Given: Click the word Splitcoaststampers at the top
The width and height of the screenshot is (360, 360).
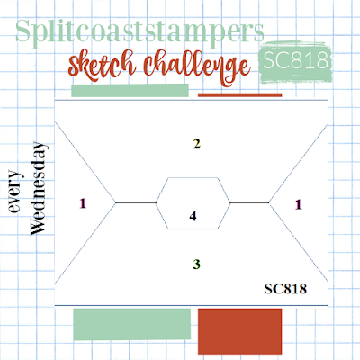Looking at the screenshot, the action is pyautogui.click(x=139, y=32).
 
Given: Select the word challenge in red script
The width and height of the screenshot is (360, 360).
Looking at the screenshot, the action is pyautogui.click(x=196, y=67).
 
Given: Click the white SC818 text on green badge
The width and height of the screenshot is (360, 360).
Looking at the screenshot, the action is pyautogui.click(x=295, y=59).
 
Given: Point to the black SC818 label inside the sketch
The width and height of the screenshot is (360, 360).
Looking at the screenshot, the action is pyautogui.click(x=285, y=289).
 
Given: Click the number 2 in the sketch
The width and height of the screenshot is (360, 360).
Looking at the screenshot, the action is pyautogui.click(x=196, y=144).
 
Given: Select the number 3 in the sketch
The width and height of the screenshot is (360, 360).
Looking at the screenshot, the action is pyautogui.click(x=196, y=265).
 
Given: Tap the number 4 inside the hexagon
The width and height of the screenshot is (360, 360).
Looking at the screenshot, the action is pyautogui.click(x=193, y=216).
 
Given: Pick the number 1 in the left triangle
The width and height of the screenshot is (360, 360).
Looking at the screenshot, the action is pyautogui.click(x=83, y=203).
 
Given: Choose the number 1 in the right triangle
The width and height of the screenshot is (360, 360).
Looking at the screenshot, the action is pyautogui.click(x=298, y=204).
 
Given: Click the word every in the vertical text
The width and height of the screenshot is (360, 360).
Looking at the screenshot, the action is pyautogui.click(x=15, y=192).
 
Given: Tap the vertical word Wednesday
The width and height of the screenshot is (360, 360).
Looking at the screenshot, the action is pyautogui.click(x=39, y=188).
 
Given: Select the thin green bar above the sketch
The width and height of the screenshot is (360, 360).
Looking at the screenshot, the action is pyautogui.click(x=130, y=90).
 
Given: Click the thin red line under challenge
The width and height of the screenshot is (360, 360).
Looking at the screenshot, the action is pyautogui.click(x=240, y=95).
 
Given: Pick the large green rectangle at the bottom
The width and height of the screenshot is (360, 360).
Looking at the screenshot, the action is pyautogui.click(x=132, y=324).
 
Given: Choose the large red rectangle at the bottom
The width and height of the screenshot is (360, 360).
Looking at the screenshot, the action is pyautogui.click(x=240, y=331).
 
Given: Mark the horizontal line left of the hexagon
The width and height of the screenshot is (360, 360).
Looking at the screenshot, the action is pyautogui.click(x=136, y=203).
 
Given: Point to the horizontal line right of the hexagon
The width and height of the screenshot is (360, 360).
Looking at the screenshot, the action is pyautogui.click(x=249, y=203).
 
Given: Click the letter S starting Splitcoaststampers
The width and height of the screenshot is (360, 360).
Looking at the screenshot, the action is pyautogui.click(x=23, y=31).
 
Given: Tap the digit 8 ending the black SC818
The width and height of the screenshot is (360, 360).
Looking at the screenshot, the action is pyautogui.click(x=303, y=289).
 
